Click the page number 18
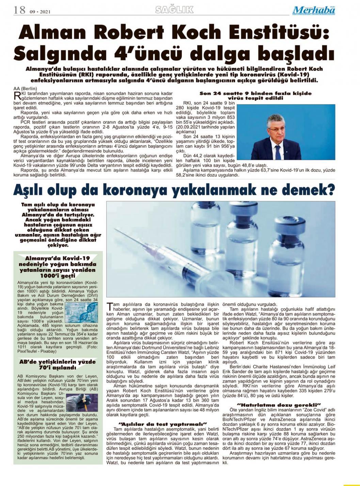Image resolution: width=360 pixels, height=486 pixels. [x=19, y=10]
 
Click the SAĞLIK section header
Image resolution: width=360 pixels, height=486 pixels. [x=174, y=10]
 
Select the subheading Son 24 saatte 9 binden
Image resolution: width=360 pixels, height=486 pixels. [x=255, y=93]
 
